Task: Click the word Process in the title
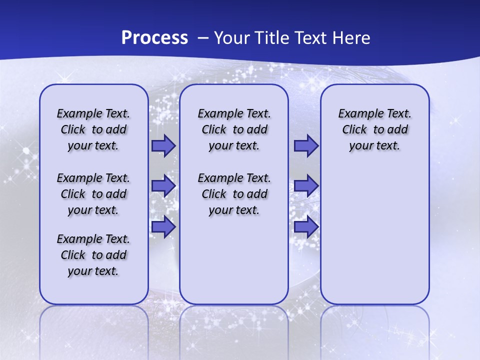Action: [154, 38]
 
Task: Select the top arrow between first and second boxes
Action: [163, 146]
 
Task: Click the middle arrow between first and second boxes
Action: [163, 186]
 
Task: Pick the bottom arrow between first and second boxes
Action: [163, 227]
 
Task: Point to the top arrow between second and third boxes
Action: [305, 146]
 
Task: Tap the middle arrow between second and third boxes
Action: [305, 186]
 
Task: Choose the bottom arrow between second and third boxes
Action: [305, 227]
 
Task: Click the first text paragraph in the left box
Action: [93, 129]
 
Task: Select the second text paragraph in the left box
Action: [93, 194]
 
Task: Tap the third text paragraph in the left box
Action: [93, 255]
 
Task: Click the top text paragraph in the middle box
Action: [234, 129]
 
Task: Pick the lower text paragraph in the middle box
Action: [234, 194]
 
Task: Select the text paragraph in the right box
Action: [374, 129]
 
